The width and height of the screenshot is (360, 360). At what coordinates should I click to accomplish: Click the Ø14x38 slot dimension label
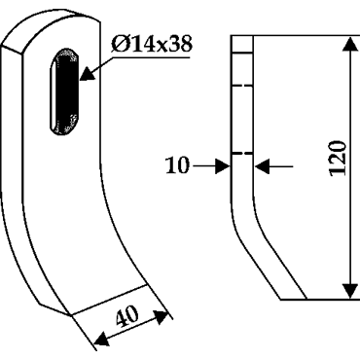151,44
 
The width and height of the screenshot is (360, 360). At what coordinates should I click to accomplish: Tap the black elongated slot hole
64,91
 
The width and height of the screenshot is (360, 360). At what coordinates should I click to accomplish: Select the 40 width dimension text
127,316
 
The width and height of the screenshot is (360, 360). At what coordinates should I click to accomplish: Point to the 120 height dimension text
338,159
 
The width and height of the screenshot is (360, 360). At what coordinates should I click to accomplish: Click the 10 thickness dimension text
177,165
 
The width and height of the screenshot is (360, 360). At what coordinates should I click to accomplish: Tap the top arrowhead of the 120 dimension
350,44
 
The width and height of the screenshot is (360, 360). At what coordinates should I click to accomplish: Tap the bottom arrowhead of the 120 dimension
350,290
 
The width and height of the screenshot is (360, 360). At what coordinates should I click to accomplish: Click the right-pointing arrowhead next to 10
223,166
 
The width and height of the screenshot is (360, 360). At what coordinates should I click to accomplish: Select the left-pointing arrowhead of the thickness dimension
263,166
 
